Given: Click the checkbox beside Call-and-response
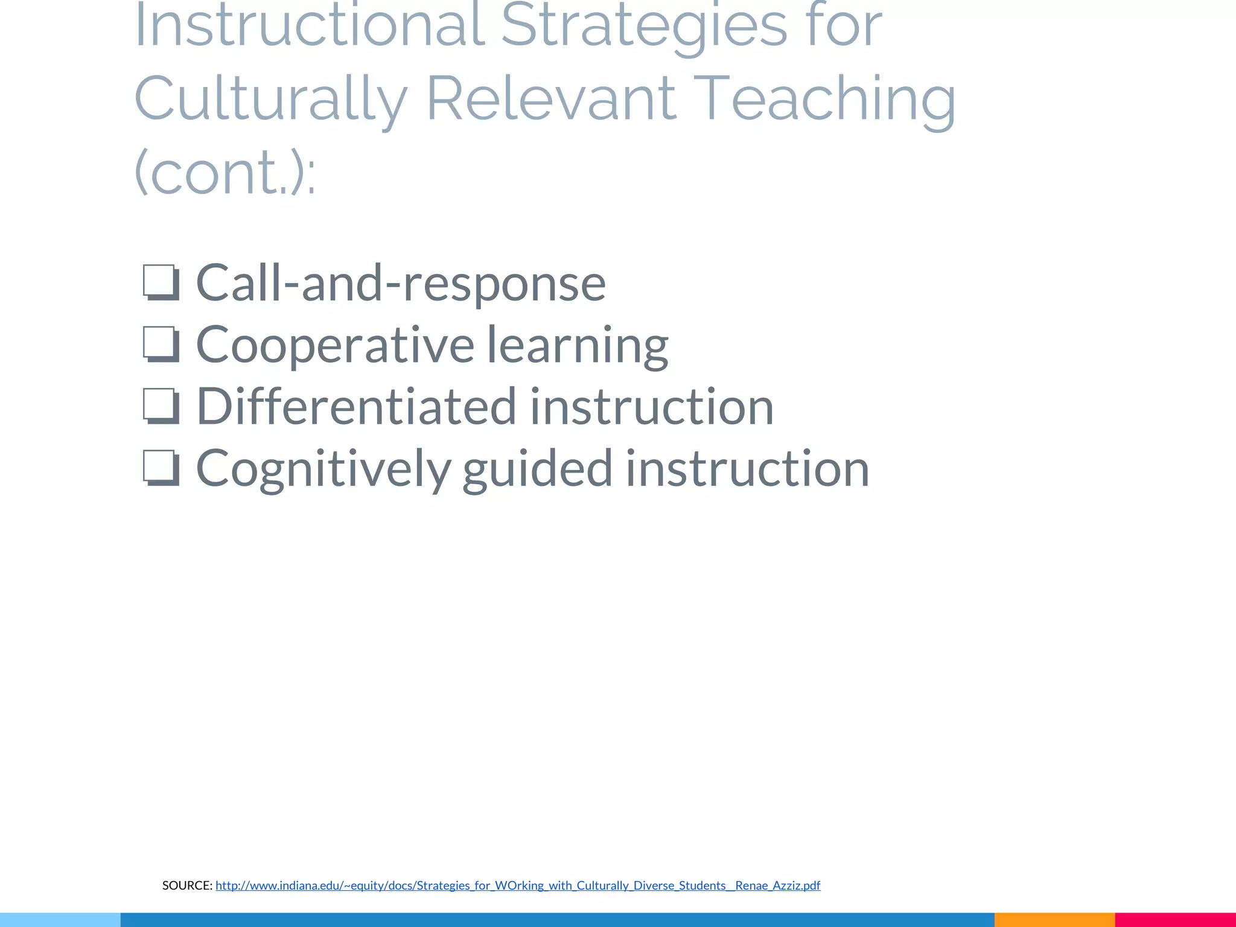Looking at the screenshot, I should tap(161, 282).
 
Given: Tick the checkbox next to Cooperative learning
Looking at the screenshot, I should tap(161, 344).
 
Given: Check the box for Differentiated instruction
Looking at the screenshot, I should tap(161, 406).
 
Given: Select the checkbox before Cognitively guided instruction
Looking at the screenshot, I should tap(161, 468).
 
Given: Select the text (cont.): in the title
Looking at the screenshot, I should tap(225, 173).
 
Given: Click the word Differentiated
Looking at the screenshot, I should tap(357, 406).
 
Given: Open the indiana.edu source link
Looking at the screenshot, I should tap(518, 885).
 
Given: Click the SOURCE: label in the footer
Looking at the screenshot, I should tap(187, 885).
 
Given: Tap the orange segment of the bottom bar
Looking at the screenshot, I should tap(1054, 920).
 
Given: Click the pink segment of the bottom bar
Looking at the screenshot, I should tap(1175, 920).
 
